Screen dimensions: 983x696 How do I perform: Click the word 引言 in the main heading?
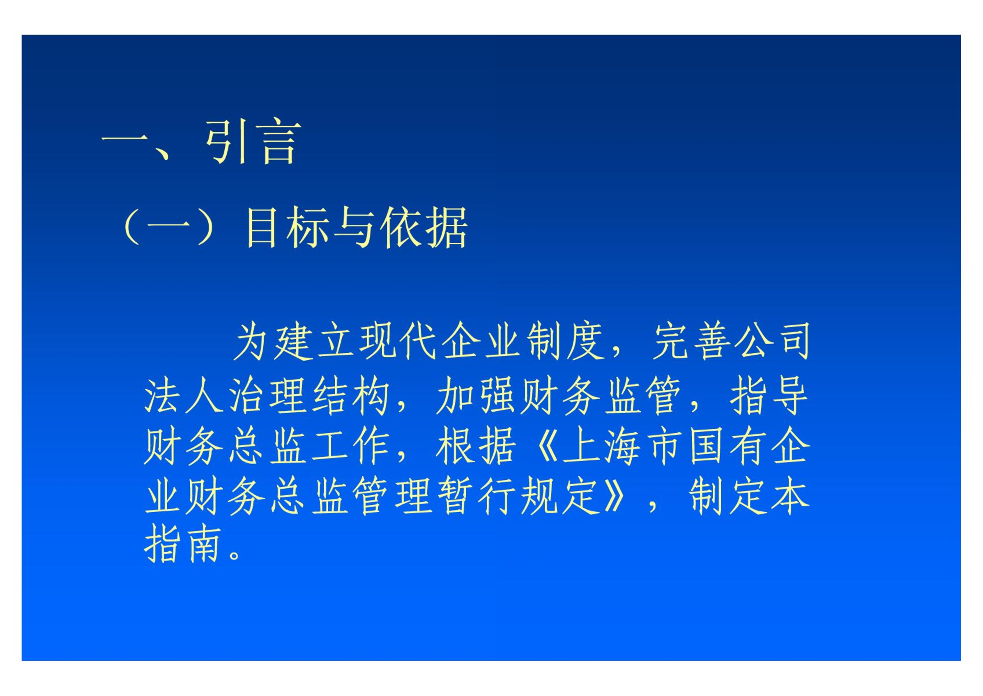(254, 141)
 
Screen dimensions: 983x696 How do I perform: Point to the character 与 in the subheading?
(354, 227)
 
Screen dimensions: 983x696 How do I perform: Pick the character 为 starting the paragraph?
(251, 341)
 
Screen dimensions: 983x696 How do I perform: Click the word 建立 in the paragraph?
(313, 341)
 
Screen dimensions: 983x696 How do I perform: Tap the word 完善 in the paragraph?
(692, 341)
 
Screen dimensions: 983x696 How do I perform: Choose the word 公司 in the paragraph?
(772, 341)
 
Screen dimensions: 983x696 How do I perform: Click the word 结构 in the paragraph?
(351, 395)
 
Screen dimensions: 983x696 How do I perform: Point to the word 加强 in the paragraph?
(476, 395)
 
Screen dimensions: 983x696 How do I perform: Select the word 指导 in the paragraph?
(769, 395)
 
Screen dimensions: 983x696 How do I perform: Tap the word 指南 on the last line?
(182, 544)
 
